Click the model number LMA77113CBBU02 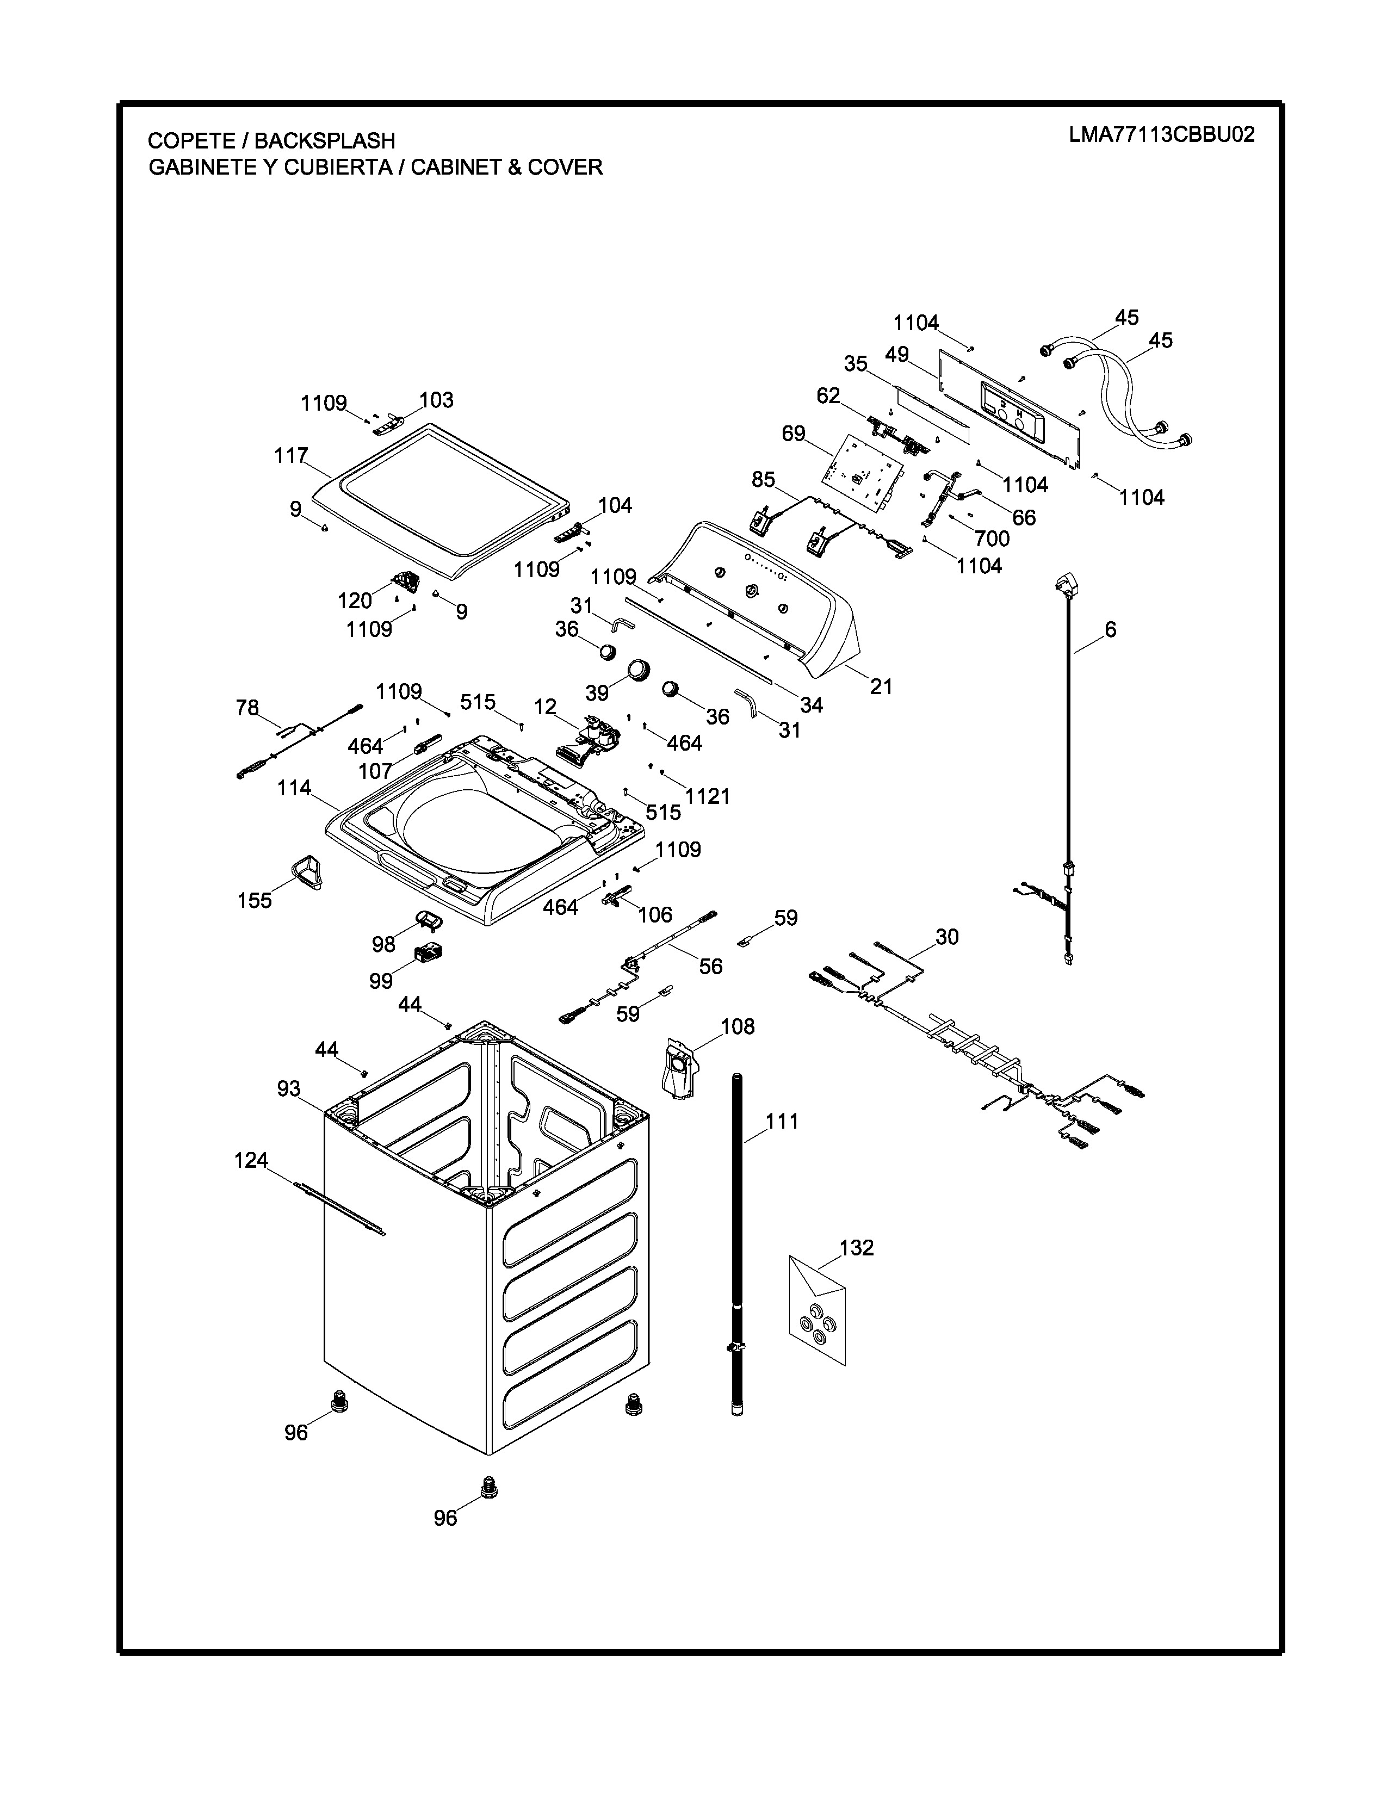point(1161,135)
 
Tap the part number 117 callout point(291,455)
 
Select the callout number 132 point(856,1248)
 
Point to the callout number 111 point(782,1121)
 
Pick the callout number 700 point(992,538)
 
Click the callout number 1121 point(708,796)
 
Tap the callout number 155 point(254,900)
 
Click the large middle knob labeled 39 point(639,670)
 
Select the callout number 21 point(881,686)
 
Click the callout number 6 point(1110,629)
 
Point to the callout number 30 point(946,937)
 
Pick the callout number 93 point(288,1089)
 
